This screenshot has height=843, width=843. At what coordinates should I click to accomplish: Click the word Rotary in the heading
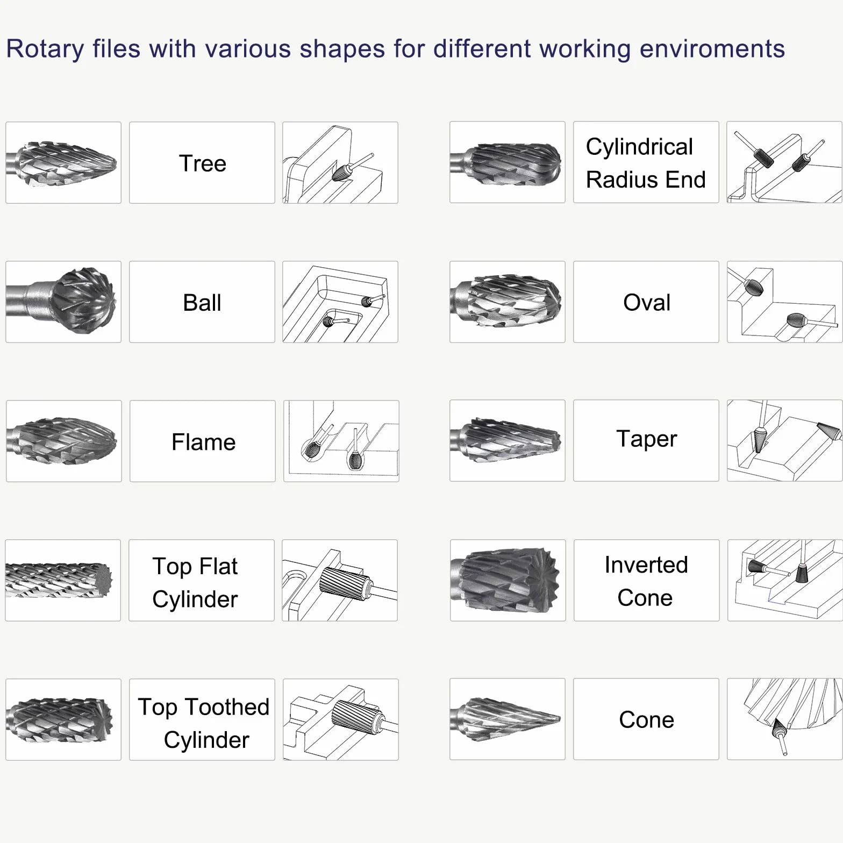pos(45,49)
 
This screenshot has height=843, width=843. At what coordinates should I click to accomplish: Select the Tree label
pos(202,163)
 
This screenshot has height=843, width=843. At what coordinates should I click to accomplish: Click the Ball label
pos(202,303)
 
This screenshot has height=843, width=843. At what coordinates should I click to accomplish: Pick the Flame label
pos(203,442)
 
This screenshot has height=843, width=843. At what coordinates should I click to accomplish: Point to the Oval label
pos(646,303)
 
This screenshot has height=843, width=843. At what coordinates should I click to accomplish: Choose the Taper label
pos(646,439)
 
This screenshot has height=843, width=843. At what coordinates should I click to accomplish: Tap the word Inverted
pos(646,565)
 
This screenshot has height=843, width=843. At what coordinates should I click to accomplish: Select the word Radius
pos(615,180)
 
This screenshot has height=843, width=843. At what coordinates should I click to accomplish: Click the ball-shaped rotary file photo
pos(63,302)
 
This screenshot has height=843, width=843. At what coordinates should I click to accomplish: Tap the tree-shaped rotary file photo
pos(63,163)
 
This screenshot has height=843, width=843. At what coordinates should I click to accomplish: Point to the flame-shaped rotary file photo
pos(64,441)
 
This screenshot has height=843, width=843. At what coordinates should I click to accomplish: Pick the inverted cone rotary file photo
pos(508,581)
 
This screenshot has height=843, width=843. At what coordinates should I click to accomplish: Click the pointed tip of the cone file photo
pos(559,718)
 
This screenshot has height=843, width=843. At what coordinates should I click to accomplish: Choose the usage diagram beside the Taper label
pos(784,440)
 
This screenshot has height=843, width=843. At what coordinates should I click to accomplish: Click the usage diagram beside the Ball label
pos(340,302)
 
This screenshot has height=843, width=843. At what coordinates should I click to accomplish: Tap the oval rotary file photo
pos(508,302)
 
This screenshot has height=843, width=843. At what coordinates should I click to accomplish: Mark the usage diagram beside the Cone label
pos(784,719)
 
